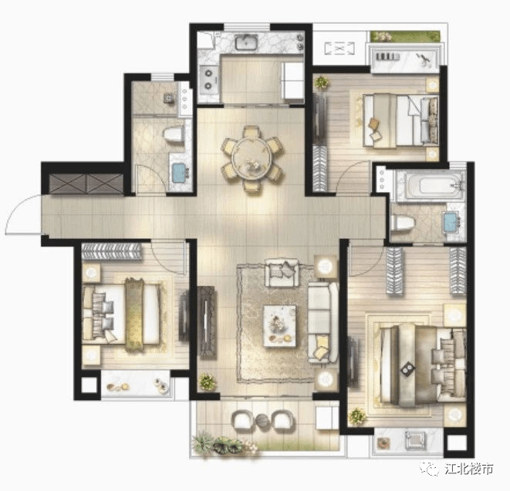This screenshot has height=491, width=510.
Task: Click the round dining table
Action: tap(252, 160)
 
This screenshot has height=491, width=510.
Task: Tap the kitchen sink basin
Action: tap(247, 42)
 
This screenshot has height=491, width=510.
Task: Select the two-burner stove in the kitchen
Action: tap(208, 79)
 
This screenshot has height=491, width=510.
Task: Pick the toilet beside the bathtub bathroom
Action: tap(402, 224)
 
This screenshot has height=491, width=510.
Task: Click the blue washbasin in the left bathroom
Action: tap(179, 173)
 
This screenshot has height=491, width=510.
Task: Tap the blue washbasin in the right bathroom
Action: tap(451, 222)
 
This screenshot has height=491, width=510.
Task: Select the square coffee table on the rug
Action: tap(280, 325)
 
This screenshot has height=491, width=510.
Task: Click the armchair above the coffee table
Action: tap(282, 272)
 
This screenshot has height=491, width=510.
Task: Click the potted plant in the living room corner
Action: tap(207, 381)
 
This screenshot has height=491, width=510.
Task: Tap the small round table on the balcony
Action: tap(263, 421)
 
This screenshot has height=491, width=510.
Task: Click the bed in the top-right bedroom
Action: tap(400, 120)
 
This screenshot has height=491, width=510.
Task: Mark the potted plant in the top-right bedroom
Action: tap(321, 82)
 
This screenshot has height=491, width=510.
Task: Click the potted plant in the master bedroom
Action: tap(356, 416)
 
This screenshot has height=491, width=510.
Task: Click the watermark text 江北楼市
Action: tap(468, 469)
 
